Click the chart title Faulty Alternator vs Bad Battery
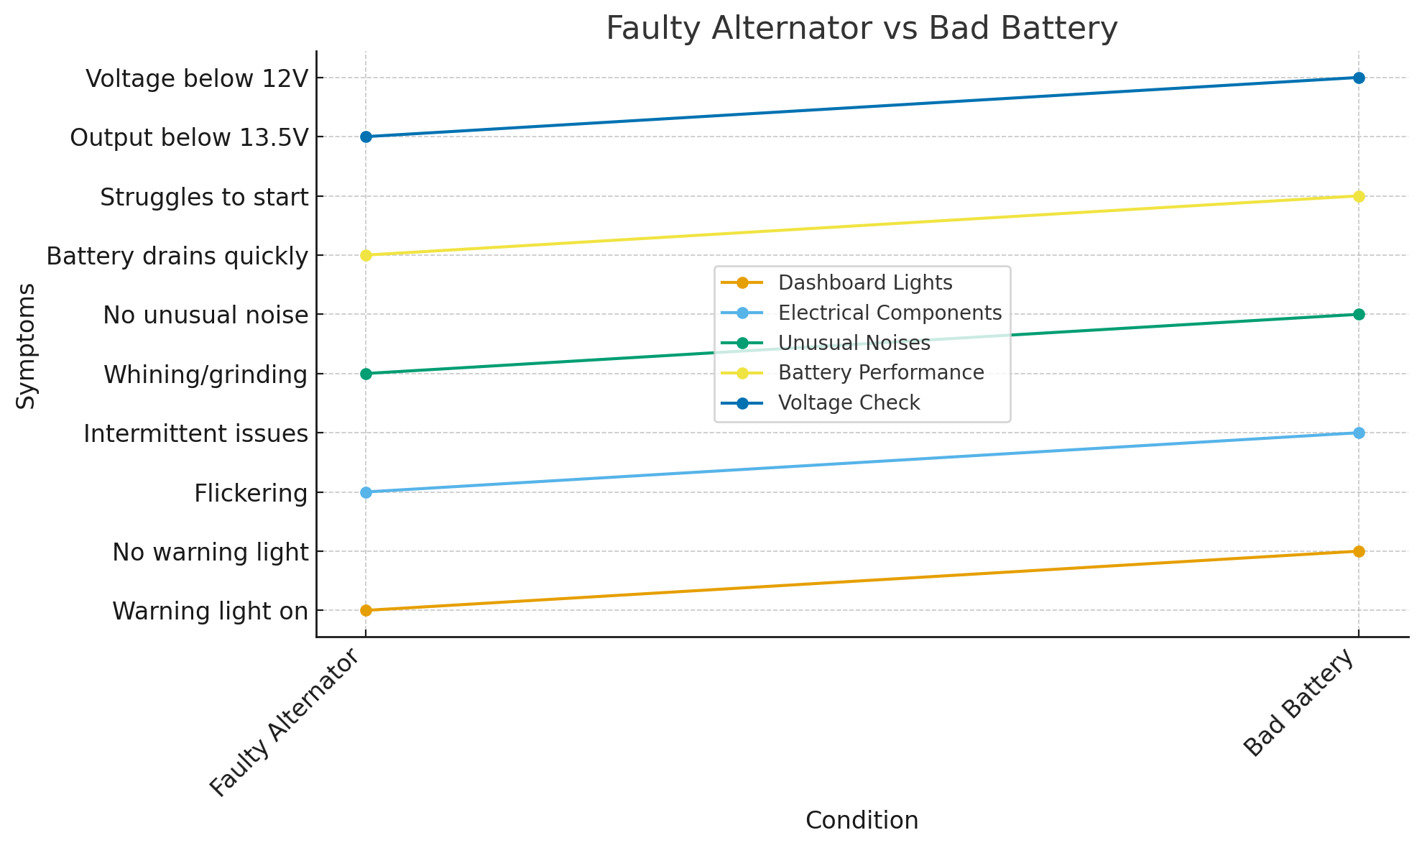coord(862,29)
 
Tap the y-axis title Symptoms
coord(26,346)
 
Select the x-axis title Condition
coord(862,820)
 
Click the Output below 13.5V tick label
coord(188,137)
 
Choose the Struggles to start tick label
coord(204,197)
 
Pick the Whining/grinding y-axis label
coord(206,374)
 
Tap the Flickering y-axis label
coord(251,493)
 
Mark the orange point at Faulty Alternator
coord(366,610)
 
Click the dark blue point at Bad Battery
coord(1359,78)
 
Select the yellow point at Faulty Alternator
coord(366,255)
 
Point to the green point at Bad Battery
coord(1359,314)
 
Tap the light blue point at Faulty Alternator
coord(366,492)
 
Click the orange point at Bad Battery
coord(1359,551)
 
